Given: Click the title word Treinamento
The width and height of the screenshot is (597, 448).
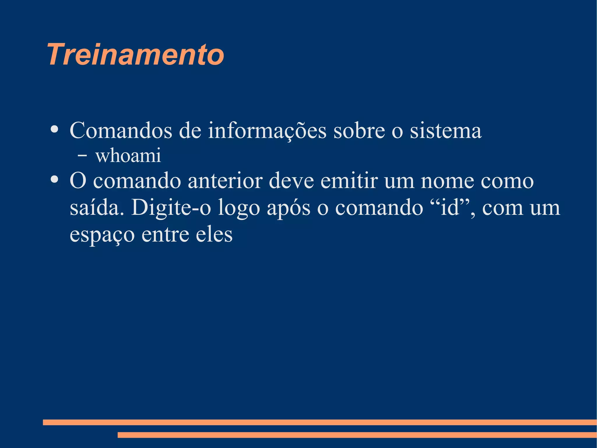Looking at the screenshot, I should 136,55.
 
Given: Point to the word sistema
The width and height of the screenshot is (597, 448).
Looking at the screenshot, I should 446,130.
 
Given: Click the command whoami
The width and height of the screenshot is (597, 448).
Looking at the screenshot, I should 128,155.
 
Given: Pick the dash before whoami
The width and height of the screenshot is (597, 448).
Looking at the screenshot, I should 82,156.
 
